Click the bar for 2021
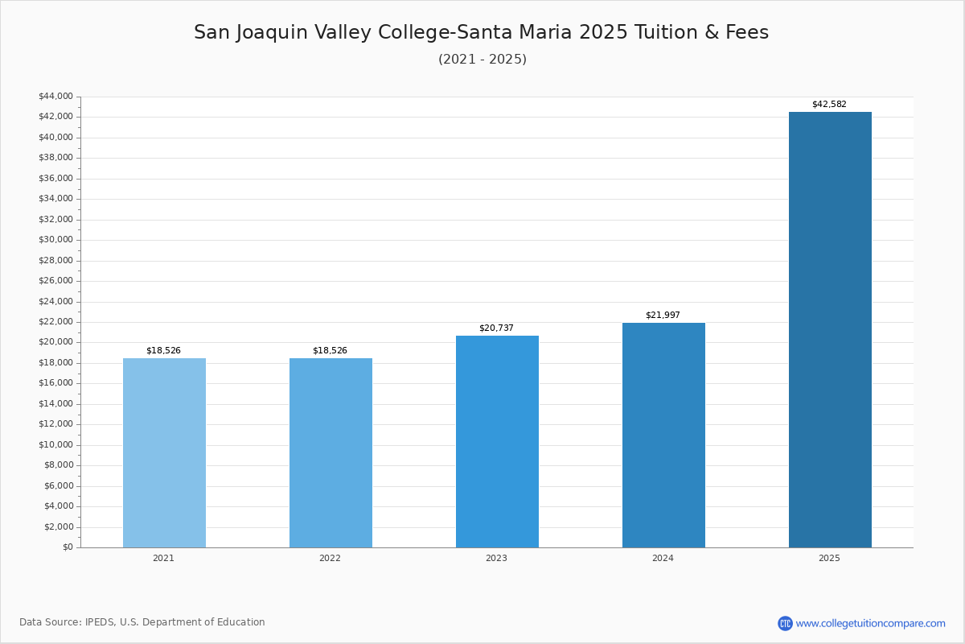point(164,452)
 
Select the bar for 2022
point(331,452)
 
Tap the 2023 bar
point(497,441)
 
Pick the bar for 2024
point(663,435)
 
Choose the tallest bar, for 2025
point(830,329)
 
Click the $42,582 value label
point(829,105)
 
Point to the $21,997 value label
point(663,316)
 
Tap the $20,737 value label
point(496,328)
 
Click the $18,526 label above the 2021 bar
point(163,351)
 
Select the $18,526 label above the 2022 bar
point(330,351)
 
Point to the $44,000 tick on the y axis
point(55,97)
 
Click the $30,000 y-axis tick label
point(55,240)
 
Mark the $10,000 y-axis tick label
point(55,444)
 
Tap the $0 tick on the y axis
point(68,547)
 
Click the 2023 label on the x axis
point(496,559)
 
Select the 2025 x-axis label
point(829,559)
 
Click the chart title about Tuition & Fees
point(481,33)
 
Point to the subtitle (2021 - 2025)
point(482,60)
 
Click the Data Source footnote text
point(142,622)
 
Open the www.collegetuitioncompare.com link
point(870,623)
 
